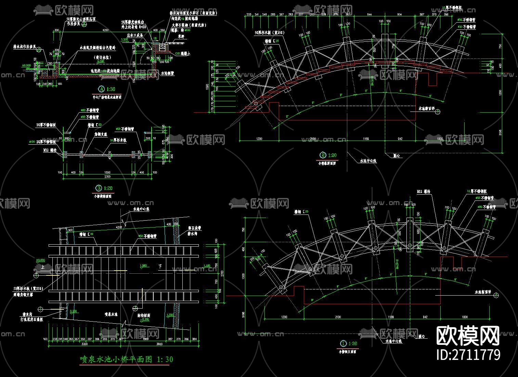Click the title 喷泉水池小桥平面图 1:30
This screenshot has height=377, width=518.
pos(126,359)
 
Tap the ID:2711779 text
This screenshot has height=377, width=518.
pos(469,354)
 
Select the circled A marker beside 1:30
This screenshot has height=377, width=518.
pos(101,89)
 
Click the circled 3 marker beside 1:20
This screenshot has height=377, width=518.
pos(99,188)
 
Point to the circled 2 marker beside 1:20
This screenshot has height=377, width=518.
pos(323,155)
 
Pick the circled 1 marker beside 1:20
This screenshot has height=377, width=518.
pos(344,343)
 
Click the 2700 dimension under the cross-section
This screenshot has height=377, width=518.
pos(107,177)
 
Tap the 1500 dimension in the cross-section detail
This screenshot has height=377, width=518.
pos(107,172)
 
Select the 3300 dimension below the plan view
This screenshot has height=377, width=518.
pos(84,344)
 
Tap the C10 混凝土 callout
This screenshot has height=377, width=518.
pos(182,53)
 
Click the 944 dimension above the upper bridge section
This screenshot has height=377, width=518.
pos(370,14)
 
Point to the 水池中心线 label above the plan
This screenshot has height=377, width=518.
pos(141,209)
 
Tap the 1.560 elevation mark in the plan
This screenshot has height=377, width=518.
pos(143,265)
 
